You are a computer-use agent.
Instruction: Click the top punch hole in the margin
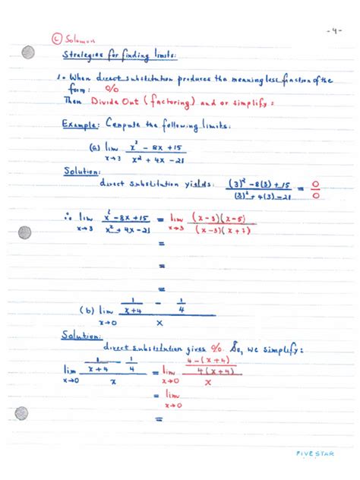(28, 52)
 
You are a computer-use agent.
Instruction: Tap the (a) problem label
(96, 149)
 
